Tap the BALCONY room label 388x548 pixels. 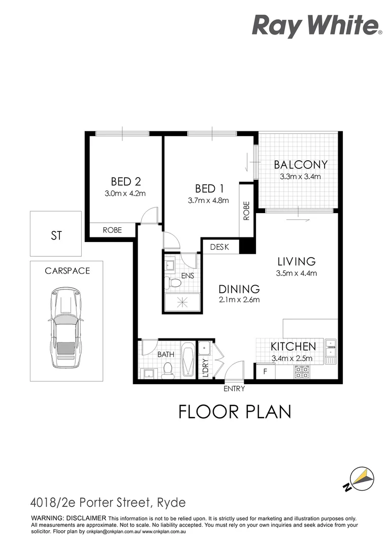tap(301, 165)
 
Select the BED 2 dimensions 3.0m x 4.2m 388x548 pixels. tap(125, 193)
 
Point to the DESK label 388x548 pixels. tap(219, 247)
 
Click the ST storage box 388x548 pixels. tap(56, 234)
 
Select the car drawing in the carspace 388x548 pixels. tap(64, 330)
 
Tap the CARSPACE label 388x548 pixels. tap(67, 271)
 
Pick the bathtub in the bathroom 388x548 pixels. tap(187, 361)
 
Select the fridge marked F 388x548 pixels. tap(265, 372)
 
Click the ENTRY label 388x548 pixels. tap(234, 389)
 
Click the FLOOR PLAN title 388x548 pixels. tap(235, 412)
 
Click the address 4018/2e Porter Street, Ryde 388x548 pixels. tap(108, 503)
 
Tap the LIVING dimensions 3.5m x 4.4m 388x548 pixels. tap(297, 273)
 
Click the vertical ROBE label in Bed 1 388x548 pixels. tap(247, 210)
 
